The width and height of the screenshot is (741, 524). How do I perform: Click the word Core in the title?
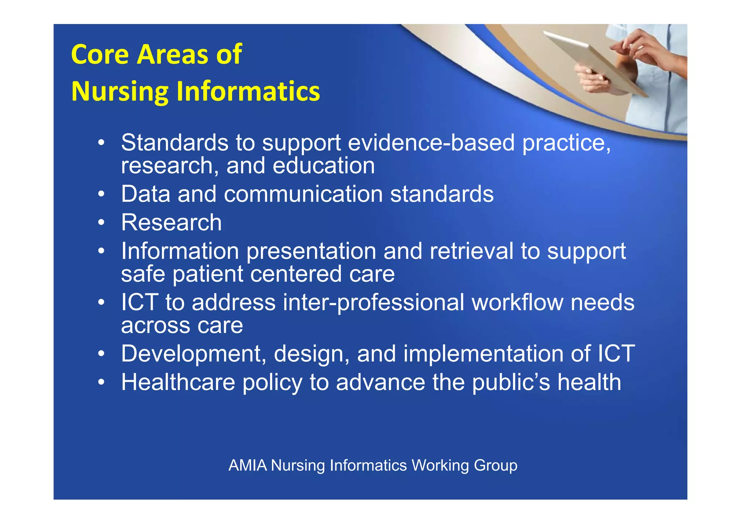100,54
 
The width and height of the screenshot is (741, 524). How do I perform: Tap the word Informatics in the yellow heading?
248,91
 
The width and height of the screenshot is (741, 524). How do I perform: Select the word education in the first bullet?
323,166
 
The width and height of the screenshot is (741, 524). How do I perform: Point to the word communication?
303,194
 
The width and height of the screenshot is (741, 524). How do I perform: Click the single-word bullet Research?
171,223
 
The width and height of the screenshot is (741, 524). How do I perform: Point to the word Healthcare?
178,383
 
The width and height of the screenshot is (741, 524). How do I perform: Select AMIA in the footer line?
247,465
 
